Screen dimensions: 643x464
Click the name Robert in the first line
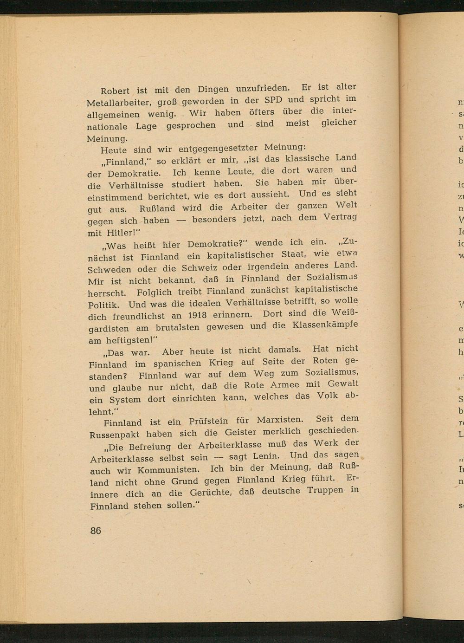pos(116,91)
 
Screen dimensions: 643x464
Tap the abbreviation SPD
pos(273,100)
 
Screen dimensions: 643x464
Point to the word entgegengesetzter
pos(218,149)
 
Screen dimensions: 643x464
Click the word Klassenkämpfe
pos(325,325)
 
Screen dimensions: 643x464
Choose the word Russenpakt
pos(115,435)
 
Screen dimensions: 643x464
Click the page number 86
pos(96,531)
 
